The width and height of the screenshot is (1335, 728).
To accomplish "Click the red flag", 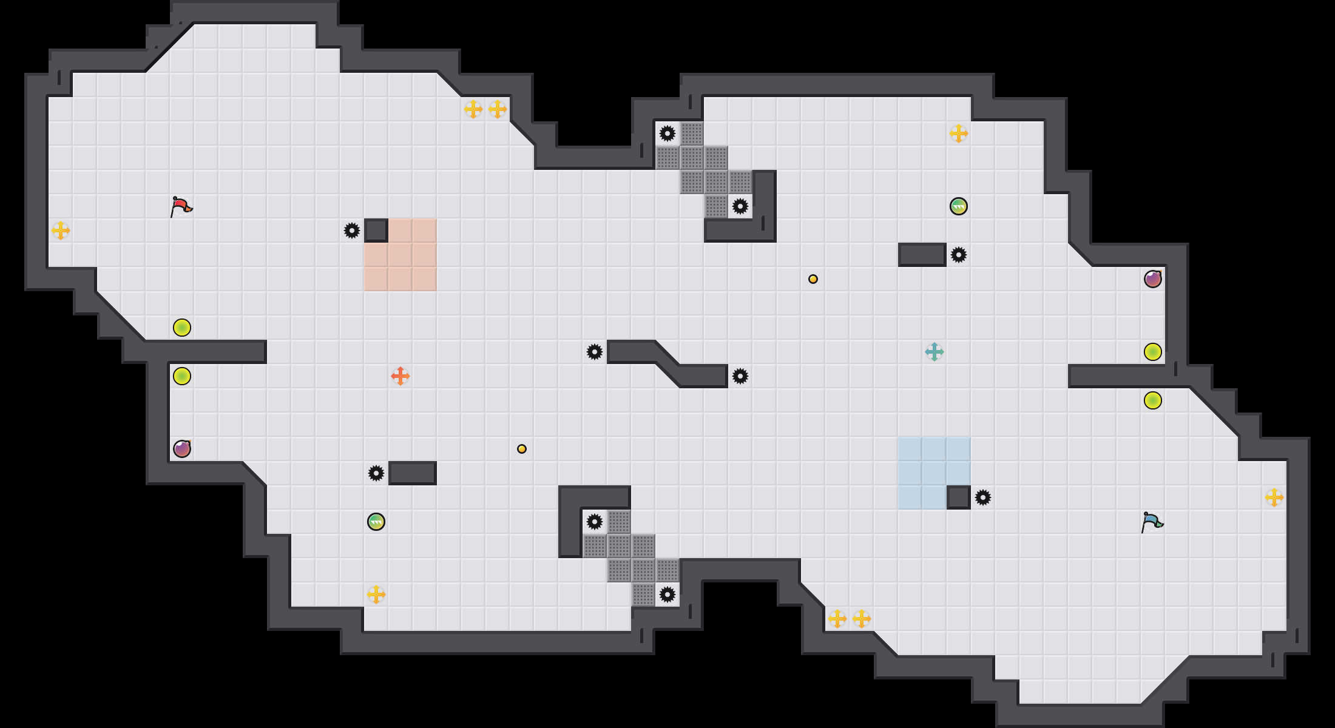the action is click(x=181, y=206).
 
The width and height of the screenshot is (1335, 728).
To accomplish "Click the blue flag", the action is click(x=1152, y=522).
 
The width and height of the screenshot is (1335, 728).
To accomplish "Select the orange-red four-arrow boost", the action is click(x=400, y=376).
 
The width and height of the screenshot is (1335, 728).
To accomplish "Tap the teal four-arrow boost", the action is click(x=934, y=352).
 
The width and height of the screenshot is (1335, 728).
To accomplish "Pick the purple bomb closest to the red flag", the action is click(x=182, y=449).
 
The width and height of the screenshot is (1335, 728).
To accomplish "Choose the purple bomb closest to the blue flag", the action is click(x=1153, y=279).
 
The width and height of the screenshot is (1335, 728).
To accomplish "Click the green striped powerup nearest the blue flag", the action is click(x=959, y=206).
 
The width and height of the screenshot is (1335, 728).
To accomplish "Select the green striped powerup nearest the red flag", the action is click(x=376, y=522).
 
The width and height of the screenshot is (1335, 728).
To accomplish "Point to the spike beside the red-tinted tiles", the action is click(x=352, y=231).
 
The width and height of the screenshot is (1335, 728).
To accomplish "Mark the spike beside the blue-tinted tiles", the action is click(x=983, y=497).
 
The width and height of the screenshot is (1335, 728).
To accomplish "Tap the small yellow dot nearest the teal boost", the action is click(x=813, y=279).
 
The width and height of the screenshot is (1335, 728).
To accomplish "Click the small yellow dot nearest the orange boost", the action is click(x=522, y=449).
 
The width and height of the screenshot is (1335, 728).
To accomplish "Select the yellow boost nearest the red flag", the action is click(x=61, y=231).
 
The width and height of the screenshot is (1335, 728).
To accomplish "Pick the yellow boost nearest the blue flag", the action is click(x=1274, y=497).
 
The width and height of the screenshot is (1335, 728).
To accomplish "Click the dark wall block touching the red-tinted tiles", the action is click(x=376, y=231).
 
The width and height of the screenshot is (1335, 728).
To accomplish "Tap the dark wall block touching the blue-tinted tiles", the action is click(x=959, y=497).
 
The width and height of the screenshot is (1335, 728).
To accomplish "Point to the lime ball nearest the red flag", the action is click(x=182, y=328).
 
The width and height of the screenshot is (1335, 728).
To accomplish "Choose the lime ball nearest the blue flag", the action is click(x=1153, y=400).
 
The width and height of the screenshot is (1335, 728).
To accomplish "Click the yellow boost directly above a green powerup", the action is click(x=959, y=133).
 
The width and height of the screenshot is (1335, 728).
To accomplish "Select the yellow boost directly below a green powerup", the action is click(x=376, y=595).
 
